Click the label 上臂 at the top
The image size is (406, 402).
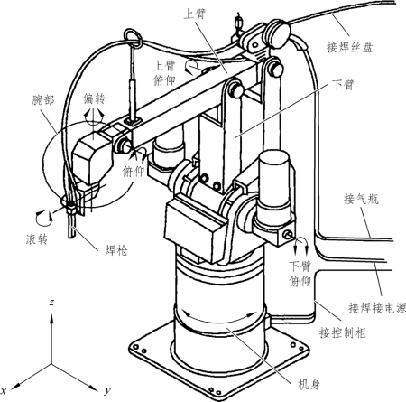tap(195, 14)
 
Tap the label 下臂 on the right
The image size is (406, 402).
tap(343, 85)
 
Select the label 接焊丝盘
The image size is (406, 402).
tap(350, 47)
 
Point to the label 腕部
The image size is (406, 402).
tap(43, 100)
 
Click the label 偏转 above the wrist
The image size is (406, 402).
tap(95, 98)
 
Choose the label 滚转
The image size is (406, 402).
tap(37, 238)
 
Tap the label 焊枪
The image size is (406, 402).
tap(116, 250)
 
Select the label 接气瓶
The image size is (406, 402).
tap(361, 199)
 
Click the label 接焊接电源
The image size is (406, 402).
tap(377, 308)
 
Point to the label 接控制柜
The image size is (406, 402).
tap(343, 332)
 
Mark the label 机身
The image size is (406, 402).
tap(309, 384)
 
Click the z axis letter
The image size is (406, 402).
tap(51, 303)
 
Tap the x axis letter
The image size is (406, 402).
tap(4, 390)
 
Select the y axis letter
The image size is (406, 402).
tap(107, 390)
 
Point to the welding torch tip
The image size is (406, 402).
tap(71, 238)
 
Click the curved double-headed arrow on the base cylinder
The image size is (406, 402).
tap(219, 322)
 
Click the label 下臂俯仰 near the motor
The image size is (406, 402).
tap(300, 274)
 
